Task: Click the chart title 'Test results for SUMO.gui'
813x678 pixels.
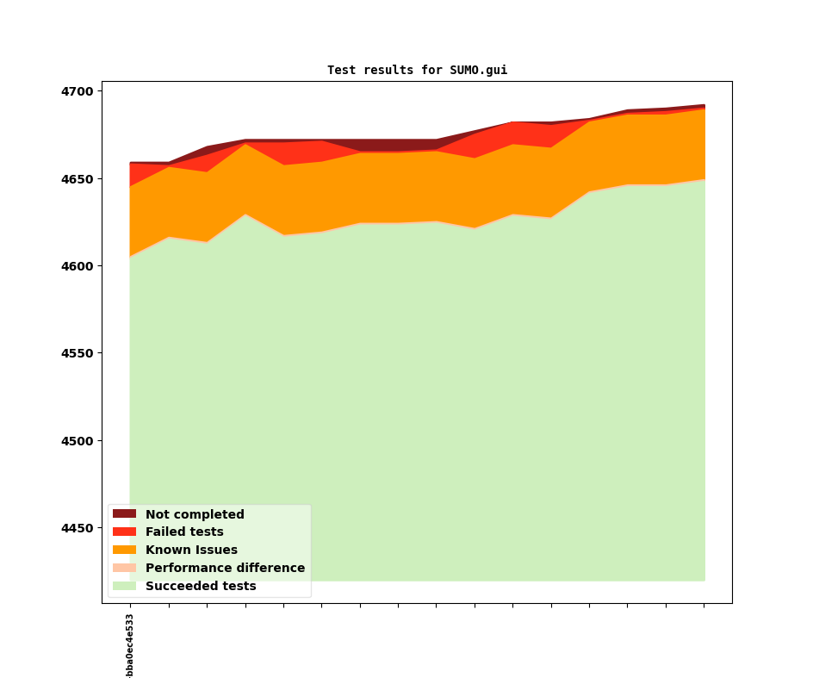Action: click(417, 70)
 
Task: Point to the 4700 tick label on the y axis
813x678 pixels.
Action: click(80, 91)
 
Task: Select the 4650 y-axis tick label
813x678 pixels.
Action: click(80, 179)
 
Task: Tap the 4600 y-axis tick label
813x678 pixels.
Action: click(80, 266)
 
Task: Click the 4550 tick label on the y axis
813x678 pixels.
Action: click(80, 353)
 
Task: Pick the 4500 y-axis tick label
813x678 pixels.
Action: click(80, 441)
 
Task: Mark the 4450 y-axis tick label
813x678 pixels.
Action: click(80, 528)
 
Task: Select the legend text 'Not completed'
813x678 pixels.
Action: click(195, 514)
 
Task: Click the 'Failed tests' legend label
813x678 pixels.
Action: click(184, 532)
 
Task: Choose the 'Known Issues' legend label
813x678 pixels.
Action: click(191, 550)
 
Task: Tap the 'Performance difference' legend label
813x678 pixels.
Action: click(225, 569)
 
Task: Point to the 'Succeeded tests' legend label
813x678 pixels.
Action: click(201, 587)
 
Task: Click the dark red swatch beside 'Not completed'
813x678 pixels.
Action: click(124, 514)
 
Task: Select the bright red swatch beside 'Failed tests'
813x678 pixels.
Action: click(124, 532)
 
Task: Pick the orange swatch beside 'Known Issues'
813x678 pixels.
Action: click(124, 550)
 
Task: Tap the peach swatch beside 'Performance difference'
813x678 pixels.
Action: click(124, 569)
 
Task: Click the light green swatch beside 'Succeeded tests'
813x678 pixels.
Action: click(124, 587)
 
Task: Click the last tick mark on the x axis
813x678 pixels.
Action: click(704, 606)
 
